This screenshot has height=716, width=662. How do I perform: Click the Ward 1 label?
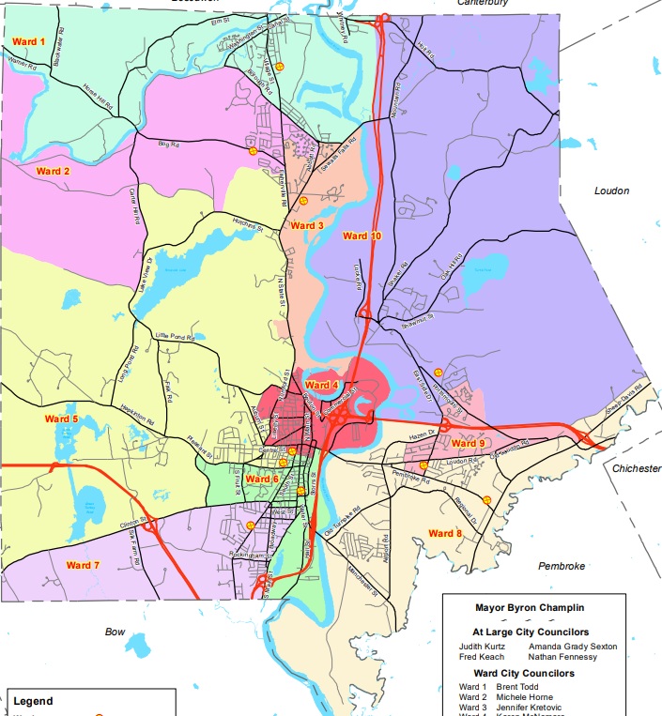(x=29, y=42)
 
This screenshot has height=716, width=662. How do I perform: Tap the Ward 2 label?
(x=54, y=171)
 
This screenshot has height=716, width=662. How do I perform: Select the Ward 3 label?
(x=307, y=226)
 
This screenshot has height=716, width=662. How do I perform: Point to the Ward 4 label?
(x=321, y=385)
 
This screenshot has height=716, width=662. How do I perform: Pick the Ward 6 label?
(x=262, y=480)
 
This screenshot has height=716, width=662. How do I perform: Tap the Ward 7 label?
(x=83, y=565)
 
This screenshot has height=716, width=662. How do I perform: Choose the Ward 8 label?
(x=445, y=534)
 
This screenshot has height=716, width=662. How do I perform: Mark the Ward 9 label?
(x=468, y=443)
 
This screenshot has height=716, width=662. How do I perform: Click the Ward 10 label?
(x=362, y=236)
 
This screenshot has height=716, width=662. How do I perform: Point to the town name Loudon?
(x=611, y=190)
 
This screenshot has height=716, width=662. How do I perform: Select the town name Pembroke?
(x=562, y=566)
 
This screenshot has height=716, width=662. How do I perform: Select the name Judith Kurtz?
(x=481, y=647)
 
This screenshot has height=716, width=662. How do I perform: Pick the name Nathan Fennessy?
(x=563, y=657)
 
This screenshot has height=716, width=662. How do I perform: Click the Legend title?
(x=34, y=701)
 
